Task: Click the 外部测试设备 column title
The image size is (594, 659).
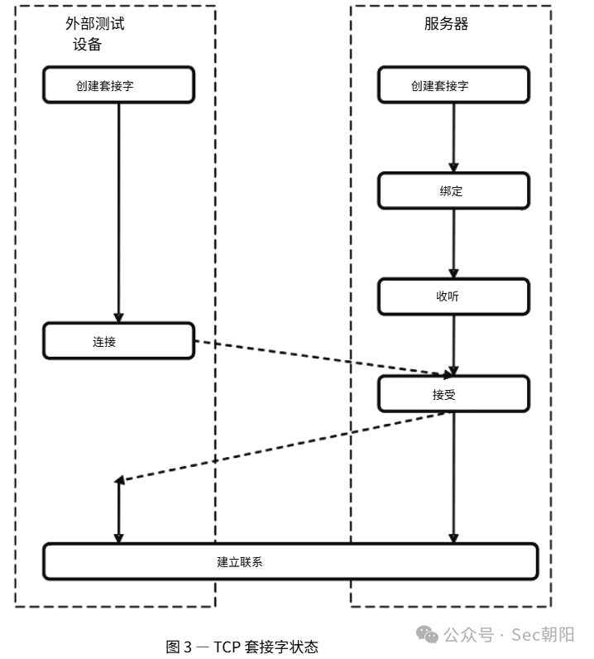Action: coord(94,34)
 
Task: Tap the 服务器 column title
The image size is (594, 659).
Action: coord(446,23)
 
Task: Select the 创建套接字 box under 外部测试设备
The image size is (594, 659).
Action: coord(119,85)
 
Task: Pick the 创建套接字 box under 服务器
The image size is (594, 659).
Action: coord(453,85)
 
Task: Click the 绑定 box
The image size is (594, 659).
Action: coord(453,190)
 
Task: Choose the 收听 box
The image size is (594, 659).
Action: coord(453,296)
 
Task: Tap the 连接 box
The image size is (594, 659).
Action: coord(119,341)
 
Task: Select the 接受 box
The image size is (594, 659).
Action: coord(453,394)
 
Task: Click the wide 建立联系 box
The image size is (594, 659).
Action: coord(290,562)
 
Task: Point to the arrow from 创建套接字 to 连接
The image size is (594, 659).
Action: coord(119,213)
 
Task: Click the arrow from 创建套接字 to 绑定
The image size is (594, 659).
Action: coord(453,138)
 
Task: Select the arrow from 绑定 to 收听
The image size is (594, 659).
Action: coord(453,243)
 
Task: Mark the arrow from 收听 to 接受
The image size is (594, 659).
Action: coord(453,345)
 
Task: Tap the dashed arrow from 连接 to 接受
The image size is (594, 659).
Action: coord(323,358)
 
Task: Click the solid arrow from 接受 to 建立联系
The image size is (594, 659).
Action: coord(453,478)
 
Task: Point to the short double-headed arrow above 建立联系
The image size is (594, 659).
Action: coord(119,510)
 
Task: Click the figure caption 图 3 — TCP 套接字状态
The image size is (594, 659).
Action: coord(242,647)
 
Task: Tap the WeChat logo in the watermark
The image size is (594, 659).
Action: coord(428,634)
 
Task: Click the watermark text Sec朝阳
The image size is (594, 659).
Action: coord(543,635)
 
